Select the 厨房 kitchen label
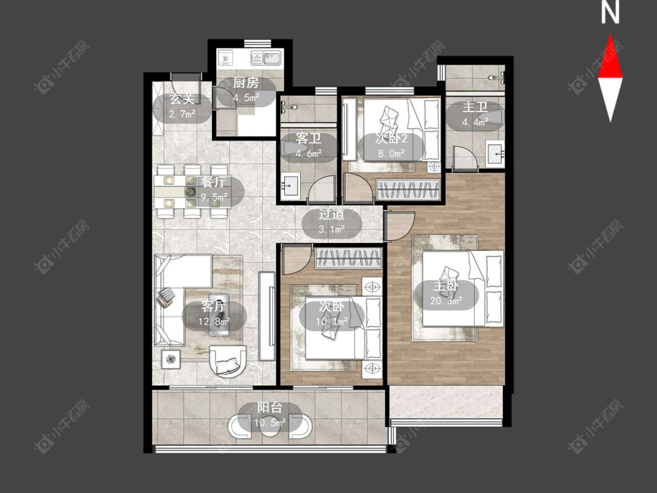[x=246, y=83]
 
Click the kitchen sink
[x=266, y=58]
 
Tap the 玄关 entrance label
[x=182, y=99]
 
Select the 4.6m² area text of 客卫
[x=308, y=154]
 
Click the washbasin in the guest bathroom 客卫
[x=289, y=184]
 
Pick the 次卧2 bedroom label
[x=391, y=138]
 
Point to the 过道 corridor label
[x=332, y=214]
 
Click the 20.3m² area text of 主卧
[x=446, y=301]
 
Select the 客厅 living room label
[x=214, y=307]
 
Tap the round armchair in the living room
[x=228, y=360]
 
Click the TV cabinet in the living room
[x=267, y=317]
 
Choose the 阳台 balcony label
[x=269, y=408]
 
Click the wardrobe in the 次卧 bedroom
[x=349, y=258]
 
